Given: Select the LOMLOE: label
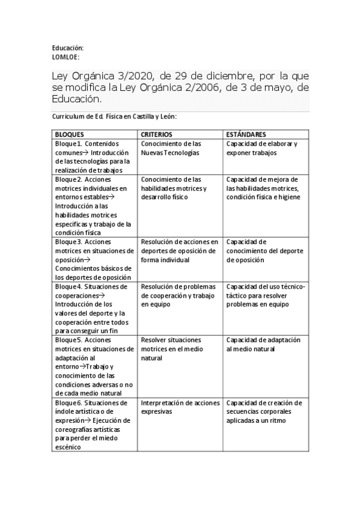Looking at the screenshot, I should (66, 57).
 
